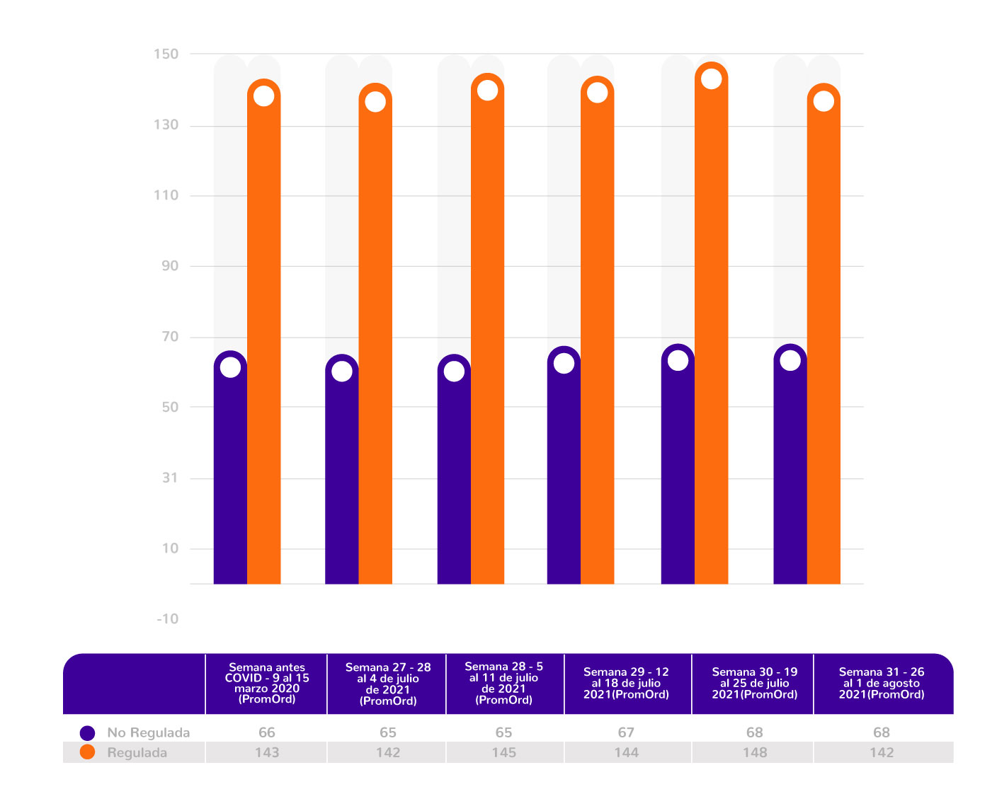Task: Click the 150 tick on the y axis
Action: click(166, 54)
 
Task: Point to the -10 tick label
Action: click(167, 619)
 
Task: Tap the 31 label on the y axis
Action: click(170, 478)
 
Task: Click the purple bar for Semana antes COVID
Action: click(230, 474)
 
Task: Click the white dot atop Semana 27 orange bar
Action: click(375, 102)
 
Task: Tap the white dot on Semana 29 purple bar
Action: click(564, 363)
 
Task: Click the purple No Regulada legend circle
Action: click(88, 732)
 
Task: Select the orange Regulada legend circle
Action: click(88, 752)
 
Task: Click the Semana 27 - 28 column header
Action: click(388, 684)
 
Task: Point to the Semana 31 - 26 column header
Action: click(882, 684)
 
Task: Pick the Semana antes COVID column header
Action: click(267, 684)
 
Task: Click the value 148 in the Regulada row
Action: click(755, 752)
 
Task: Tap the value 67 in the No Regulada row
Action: click(626, 732)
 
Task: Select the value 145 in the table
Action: click(504, 752)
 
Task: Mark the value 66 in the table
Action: click(267, 732)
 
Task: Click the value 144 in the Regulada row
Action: click(626, 752)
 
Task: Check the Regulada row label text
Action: click(137, 752)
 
